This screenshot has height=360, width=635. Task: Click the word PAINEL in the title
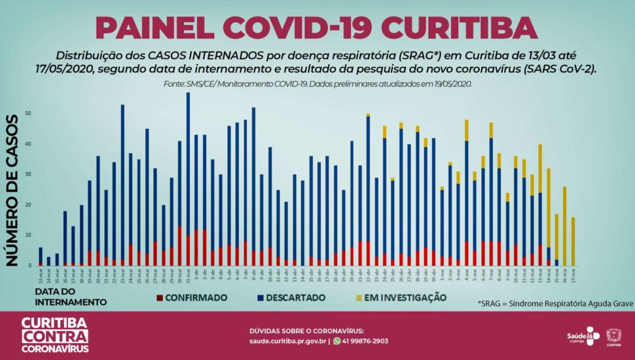154,27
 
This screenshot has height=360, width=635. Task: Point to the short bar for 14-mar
48,261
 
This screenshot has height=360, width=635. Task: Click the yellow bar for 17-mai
573,242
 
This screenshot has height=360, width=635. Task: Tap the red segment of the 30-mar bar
179,246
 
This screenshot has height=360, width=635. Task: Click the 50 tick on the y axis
28,113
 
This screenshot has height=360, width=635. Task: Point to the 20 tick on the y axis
28,205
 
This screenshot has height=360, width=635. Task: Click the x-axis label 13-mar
41,277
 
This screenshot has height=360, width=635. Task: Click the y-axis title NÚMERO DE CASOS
12,190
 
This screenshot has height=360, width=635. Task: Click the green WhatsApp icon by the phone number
337,341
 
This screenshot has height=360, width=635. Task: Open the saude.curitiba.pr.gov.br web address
288,341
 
